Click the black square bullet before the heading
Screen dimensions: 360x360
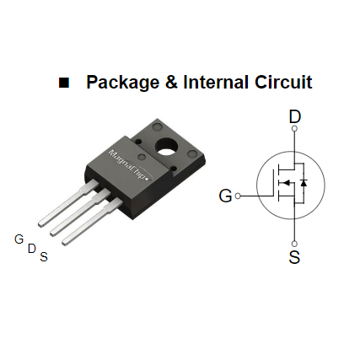click(63, 83)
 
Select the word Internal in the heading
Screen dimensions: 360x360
click(223, 83)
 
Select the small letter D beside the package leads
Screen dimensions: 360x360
click(31, 249)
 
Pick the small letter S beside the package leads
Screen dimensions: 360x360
click(44, 257)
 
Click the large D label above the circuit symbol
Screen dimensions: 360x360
click(294, 116)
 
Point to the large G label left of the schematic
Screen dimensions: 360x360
click(224, 196)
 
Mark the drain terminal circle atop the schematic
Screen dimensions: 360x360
click(294, 130)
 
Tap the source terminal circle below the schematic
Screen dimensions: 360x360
click(294, 241)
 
